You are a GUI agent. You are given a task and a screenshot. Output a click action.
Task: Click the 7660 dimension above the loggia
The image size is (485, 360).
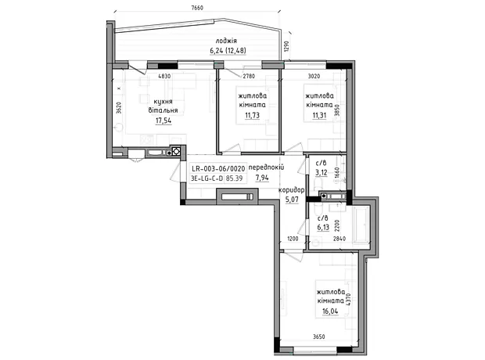pos(197,8)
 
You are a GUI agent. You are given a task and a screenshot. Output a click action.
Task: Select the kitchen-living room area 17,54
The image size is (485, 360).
pos(163,121)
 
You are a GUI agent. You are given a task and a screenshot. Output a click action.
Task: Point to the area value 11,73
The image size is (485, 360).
pos(252,116)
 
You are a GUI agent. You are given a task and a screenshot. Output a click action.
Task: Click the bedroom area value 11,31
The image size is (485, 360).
pos(319,116)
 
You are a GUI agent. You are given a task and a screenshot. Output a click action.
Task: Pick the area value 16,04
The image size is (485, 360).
pos(331,311)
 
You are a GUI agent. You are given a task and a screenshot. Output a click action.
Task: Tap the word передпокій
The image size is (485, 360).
pos(266,167)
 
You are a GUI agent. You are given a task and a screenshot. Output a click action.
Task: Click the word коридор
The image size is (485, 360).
pos(291,190)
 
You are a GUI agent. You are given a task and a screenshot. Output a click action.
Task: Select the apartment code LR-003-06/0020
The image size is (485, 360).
pos(218,169)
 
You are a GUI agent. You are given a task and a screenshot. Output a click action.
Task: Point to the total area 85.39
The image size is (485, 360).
pos(234,178)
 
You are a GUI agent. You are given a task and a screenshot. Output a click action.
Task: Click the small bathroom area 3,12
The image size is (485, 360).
pos(321,172)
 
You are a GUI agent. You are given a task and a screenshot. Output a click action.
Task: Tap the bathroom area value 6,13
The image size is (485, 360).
pos(323,228)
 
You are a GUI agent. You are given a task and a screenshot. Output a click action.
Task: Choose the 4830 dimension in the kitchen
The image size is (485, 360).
pos(164,76)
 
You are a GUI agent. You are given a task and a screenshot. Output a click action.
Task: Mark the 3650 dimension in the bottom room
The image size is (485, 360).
pos(318,337)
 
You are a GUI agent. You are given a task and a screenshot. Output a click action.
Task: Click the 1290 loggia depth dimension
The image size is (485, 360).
pos(286,47)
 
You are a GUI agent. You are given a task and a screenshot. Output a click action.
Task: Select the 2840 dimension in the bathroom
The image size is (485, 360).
pos(339,239)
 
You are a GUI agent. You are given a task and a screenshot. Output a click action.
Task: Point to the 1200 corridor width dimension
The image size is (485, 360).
pos(293,239)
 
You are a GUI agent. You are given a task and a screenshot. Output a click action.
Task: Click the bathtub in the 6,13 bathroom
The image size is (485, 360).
pos(361,224)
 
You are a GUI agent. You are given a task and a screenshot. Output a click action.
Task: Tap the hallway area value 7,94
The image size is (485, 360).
pos(262,178)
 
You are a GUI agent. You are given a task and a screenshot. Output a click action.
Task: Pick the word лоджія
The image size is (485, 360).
pos(226,41)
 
